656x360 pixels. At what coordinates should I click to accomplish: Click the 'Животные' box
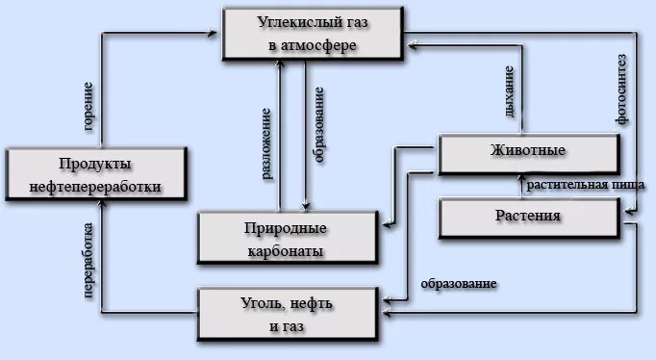(x=526, y=152)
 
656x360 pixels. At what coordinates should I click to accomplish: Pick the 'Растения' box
(x=528, y=216)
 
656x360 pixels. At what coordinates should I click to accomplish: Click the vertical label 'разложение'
(x=266, y=144)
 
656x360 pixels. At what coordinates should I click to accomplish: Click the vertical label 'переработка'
(x=88, y=262)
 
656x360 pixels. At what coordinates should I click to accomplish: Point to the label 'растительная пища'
(x=578, y=183)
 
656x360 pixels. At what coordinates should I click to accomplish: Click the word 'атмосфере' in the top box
(x=322, y=44)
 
